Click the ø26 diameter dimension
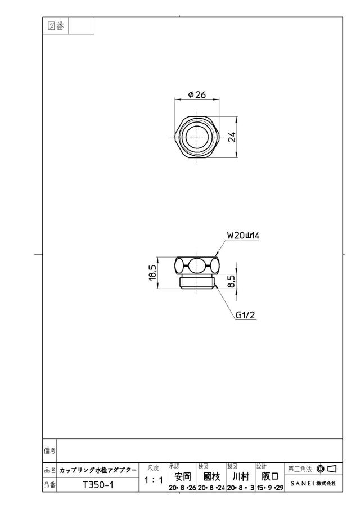click(197, 94)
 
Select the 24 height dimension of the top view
click(231, 137)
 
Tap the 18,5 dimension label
click(153, 272)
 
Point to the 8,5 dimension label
click(231, 280)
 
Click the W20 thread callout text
click(243, 236)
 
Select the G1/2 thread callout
click(245, 315)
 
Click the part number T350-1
click(98, 485)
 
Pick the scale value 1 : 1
click(154, 480)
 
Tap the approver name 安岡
click(182, 476)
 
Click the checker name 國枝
click(211, 476)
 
